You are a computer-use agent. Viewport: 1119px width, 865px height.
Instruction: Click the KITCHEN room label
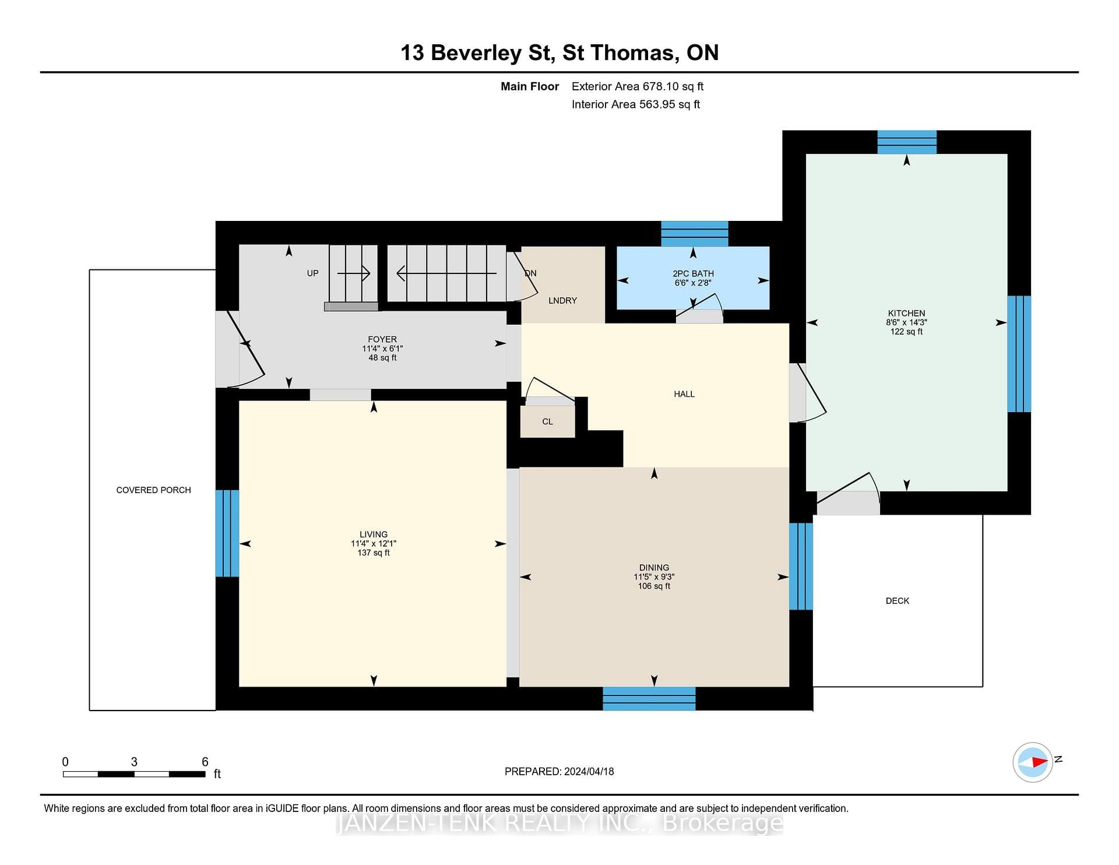(906, 313)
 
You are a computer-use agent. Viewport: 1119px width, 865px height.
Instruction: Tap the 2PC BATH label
(693, 273)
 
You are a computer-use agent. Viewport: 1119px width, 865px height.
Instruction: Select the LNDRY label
(562, 301)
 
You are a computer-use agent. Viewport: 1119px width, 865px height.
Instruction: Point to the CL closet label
(547, 421)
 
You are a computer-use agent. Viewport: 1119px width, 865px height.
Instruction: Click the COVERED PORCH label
(153, 490)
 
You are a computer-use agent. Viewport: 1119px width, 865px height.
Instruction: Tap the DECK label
(898, 601)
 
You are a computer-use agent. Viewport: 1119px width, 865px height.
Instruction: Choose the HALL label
(684, 394)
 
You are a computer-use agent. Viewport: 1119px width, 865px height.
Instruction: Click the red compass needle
(1039, 762)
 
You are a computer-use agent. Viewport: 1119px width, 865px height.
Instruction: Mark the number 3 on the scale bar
(134, 762)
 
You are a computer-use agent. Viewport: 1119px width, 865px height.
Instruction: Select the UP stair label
(313, 273)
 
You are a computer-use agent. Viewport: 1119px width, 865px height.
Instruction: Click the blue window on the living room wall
(227, 533)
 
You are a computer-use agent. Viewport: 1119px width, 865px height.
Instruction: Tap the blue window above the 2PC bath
(694, 234)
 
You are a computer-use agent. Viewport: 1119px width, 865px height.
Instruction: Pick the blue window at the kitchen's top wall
(907, 142)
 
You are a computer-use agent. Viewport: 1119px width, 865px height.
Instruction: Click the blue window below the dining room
(649, 698)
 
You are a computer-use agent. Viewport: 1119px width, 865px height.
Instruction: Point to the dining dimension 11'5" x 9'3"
(654, 577)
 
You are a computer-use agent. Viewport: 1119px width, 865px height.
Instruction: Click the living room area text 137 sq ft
(374, 553)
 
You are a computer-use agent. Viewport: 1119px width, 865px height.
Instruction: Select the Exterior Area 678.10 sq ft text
(638, 86)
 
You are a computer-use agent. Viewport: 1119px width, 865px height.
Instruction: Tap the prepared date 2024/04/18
(589, 771)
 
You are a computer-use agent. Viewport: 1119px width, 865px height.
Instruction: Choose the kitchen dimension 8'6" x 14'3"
(906, 322)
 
